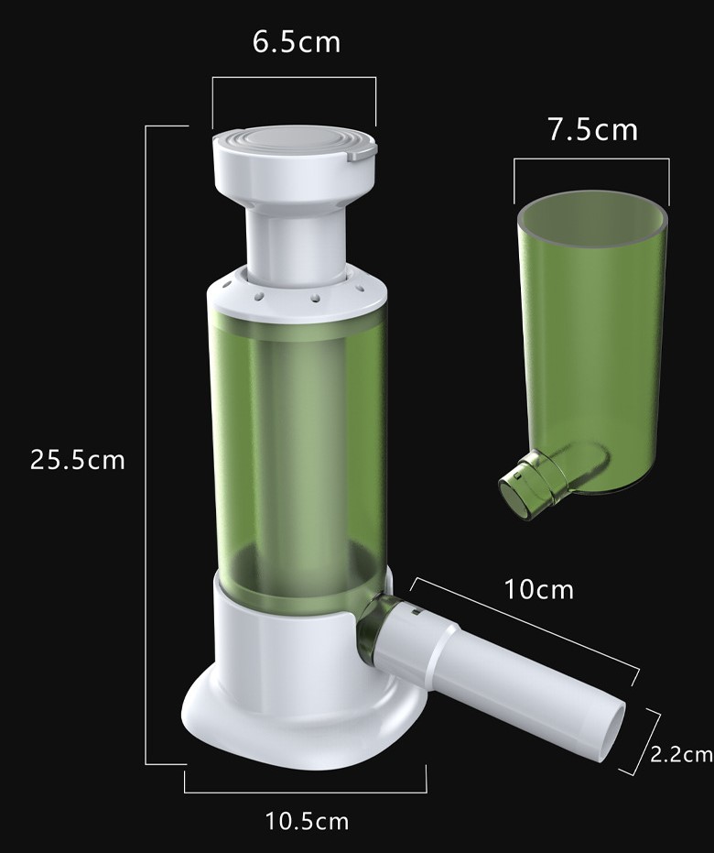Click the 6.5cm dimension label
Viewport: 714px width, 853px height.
(x=297, y=42)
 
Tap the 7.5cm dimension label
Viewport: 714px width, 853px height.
(x=592, y=130)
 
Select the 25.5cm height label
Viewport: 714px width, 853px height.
(x=78, y=460)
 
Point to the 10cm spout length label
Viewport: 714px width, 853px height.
(x=539, y=589)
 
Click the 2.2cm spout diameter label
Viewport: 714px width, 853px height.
(x=681, y=754)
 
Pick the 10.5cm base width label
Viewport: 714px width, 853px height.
(x=307, y=821)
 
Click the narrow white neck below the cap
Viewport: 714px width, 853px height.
(x=297, y=245)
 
